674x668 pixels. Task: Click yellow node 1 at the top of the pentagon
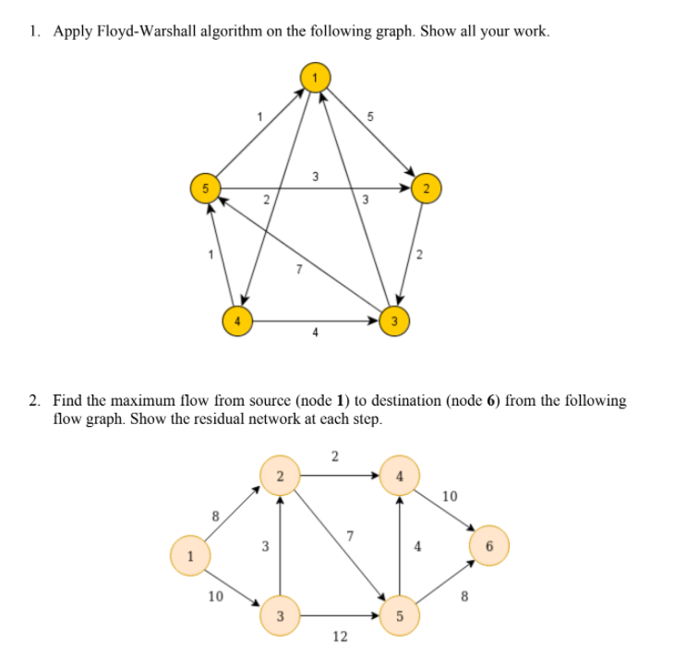(x=315, y=77)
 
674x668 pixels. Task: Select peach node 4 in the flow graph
(x=399, y=477)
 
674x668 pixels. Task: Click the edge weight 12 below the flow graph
(x=340, y=638)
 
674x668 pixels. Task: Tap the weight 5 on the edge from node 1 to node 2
(x=369, y=117)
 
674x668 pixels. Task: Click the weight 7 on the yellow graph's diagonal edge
(x=297, y=270)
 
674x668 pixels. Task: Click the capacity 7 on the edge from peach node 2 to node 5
(x=349, y=536)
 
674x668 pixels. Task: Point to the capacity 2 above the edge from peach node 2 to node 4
(x=334, y=455)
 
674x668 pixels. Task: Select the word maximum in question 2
(x=162, y=401)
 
